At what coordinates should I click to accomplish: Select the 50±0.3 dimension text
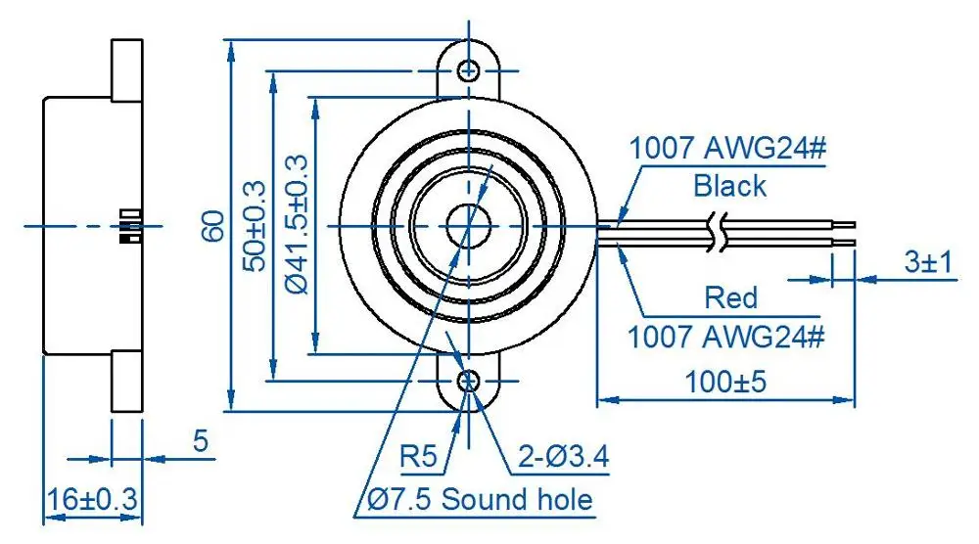[x=256, y=226]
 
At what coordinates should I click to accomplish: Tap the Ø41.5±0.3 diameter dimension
[x=298, y=226]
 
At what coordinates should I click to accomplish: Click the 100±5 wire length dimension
[x=724, y=381]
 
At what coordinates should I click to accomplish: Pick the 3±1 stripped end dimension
[x=927, y=263]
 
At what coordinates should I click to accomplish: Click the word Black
[x=729, y=185]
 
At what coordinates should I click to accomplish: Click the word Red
[x=731, y=297]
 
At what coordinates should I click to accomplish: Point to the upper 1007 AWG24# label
[x=728, y=150]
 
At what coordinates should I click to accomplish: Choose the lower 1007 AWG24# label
[x=725, y=338]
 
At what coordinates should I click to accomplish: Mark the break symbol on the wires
[x=719, y=232]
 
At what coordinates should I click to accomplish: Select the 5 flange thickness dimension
[x=201, y=441]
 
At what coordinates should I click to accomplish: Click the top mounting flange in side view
[x=128, y=69]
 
